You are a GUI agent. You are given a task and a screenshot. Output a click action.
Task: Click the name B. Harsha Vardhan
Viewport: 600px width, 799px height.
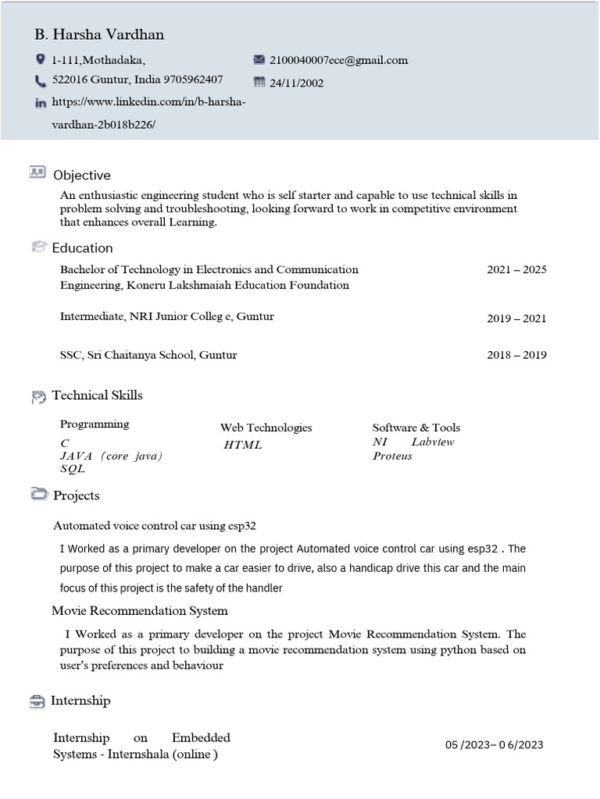pyautogui.click(x=99, y=35)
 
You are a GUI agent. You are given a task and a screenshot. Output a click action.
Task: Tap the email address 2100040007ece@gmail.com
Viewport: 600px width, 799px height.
pyautogui.click(x=338, y=60)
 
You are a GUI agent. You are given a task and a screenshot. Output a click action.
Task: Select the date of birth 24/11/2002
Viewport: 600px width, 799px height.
pyautogui.click(x=296, y=83)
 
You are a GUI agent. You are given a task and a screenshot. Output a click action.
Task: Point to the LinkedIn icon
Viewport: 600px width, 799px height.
pyautogui.click(x=41, y=103)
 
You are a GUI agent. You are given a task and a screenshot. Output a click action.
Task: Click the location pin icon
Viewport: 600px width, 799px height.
pyautogui.click(x=41, y=59)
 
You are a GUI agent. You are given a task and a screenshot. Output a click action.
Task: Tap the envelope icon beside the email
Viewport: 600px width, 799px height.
pyautogui.click(x=259, y=59)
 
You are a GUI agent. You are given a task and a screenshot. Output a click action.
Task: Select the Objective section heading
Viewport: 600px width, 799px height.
pyautogui.click(x=81, y=176)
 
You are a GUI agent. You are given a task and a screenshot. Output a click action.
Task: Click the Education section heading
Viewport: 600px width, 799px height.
pyautogui.click(x=82, y=248)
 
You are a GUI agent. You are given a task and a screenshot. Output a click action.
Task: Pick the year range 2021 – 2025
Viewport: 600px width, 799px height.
pyautogui.click(x=516, y=270)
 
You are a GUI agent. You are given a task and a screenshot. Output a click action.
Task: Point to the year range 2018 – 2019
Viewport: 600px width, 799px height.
pyautogui.click(x=516, y=355)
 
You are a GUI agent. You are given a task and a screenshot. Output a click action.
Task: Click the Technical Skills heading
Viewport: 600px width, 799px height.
pyautogui.click(x=97, y=396)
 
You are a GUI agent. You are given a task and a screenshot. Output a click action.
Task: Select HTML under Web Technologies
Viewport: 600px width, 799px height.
pyautogui.click(x=243, y=445)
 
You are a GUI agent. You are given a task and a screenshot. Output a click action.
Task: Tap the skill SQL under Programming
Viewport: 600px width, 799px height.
pyautogui.click(x=73, y=469)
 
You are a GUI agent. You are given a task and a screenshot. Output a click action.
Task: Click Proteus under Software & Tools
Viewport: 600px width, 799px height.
pyautogui.click(x=392, y=456)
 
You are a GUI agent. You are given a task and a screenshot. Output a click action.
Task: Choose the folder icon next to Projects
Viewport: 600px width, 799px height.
pyautogui.click(x=39, y=495)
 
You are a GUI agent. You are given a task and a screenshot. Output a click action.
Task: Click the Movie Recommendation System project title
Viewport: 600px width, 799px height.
pyautogui.click(x=140, y=610)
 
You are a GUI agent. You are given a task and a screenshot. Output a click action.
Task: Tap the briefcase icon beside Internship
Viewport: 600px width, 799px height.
pyautogui.click(x=37, y=701)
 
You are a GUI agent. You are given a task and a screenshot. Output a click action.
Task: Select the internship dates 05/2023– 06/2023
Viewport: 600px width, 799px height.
pyautogui.click(x=494, y=744)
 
